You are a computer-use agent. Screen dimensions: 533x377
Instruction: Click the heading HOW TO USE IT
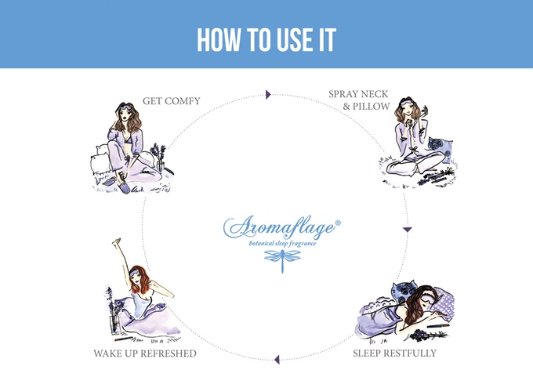[x=266, y=40]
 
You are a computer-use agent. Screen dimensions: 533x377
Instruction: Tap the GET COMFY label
[x=172, y=101]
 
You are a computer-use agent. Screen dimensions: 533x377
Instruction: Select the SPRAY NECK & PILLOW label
[x=359, y=100]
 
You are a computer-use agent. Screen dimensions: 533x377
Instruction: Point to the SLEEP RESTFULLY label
[x=394, y=353]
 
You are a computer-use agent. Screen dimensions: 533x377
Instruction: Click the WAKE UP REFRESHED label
[x=145, y=353]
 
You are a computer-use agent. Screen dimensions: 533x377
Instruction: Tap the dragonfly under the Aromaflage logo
[x=282, y=260]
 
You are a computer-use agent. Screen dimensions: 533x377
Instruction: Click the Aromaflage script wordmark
[x=280, y=227]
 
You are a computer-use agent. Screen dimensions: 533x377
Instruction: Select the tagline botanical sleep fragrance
[x=282, y=244]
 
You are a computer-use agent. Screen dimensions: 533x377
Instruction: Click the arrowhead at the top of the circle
[x=268, y=95]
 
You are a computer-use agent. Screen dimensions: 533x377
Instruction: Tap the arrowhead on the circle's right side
[x=408, y=230]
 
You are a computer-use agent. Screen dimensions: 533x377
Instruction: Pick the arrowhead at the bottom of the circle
[x=277, y=359]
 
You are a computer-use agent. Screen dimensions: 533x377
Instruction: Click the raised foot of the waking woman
[x=117, y=241]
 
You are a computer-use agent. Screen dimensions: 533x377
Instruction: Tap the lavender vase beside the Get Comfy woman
[x=159, y=157]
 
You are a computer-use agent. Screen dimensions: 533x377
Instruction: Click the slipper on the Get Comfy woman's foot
[x=124, y=187]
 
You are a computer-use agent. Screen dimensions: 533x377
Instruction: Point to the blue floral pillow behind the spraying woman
[x=441, y=149]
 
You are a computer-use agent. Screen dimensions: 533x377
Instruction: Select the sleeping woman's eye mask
[x=430, y=294]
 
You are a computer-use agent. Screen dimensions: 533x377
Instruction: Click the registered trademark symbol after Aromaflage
[x=338, y=223]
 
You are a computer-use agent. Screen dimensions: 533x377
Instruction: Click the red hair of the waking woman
[x=140, y=281]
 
